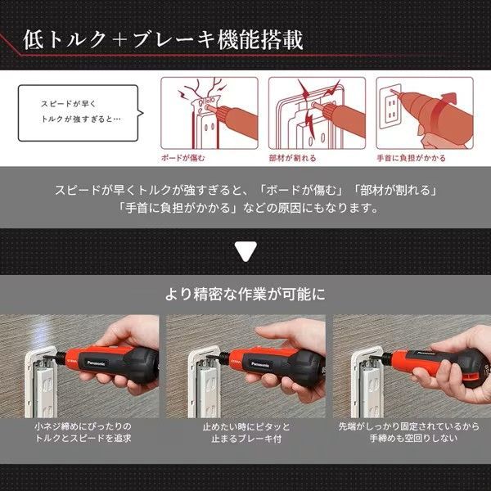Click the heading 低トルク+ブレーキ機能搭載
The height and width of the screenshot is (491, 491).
coord(163,40)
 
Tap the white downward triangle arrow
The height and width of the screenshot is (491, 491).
coord(245,250)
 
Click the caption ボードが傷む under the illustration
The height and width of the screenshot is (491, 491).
coord(183,158)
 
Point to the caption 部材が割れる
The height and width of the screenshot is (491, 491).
coord(292,158)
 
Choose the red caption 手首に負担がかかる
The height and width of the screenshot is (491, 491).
coord(411,158)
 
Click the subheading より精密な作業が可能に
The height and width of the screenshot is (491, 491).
coord(245,294)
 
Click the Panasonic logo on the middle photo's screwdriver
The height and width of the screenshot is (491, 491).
coord(260,364)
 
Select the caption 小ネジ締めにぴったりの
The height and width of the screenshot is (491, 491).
coord(83,426)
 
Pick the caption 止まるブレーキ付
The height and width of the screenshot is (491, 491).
coord(246,439)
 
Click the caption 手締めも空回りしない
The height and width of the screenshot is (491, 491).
coord(413,438)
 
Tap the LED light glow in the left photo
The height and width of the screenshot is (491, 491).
coord(43,335)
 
